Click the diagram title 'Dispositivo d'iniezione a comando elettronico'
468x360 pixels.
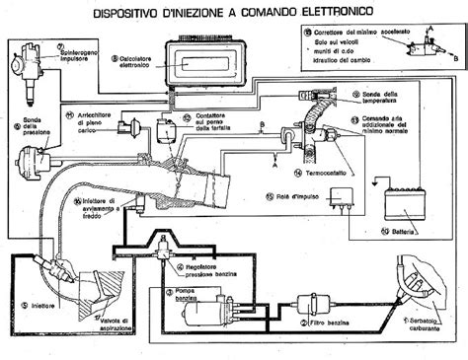[234, 12]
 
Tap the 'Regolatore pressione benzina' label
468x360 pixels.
[211, 270]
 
